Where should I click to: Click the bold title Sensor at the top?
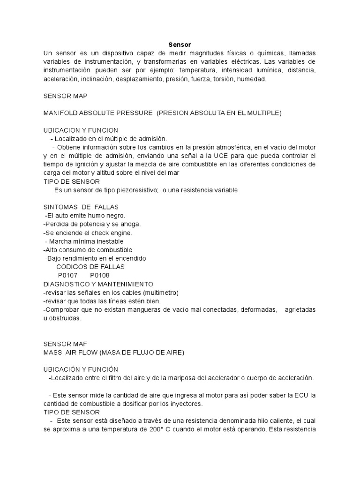coord(180,45)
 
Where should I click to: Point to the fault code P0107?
coord(67,275)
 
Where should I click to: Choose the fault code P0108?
coord(100,275)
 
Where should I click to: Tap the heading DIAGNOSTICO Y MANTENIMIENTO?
coord(98,284)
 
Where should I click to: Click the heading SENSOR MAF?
coord(65,344)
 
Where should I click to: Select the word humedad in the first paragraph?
coord(252,79)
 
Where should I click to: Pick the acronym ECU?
coord(304,395)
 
